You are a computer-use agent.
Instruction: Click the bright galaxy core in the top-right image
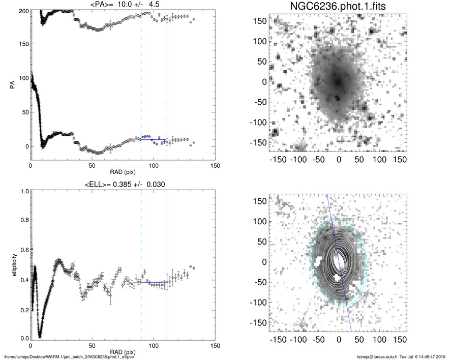point(338,81)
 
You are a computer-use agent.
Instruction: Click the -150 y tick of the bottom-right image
point(259,322)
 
